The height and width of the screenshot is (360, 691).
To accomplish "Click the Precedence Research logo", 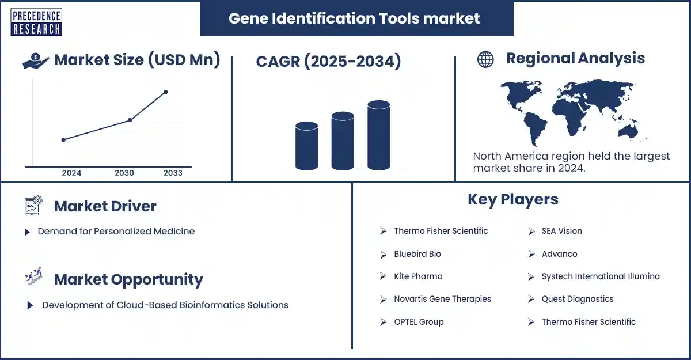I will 36,22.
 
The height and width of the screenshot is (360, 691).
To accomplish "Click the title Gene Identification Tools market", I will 354,18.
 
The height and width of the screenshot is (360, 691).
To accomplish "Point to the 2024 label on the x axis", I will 71,173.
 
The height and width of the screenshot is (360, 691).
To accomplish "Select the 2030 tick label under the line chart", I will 124,173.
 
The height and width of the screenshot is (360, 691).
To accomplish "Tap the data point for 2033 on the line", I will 166,92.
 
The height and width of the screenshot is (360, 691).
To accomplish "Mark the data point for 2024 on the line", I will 63,139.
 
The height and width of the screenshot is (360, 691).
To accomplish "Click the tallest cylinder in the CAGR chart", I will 378,135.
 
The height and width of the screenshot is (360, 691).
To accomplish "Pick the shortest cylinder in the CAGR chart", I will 306,146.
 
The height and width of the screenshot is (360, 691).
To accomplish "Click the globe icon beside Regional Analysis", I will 485,59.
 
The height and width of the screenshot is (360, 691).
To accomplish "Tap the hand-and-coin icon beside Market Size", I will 36,61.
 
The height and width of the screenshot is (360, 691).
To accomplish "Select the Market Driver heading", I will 105,206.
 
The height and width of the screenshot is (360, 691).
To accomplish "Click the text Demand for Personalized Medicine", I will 116,231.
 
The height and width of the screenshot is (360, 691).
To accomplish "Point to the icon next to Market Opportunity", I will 33,279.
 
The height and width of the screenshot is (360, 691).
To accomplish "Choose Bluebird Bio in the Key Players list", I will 417,254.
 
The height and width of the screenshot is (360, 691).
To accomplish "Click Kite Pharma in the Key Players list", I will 418,276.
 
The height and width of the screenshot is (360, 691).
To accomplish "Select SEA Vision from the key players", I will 561,231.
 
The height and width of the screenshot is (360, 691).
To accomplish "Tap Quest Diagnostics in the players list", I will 577,299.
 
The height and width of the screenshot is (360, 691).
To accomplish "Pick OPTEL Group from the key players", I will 419,322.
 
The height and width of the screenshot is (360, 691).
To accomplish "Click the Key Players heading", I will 512,199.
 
